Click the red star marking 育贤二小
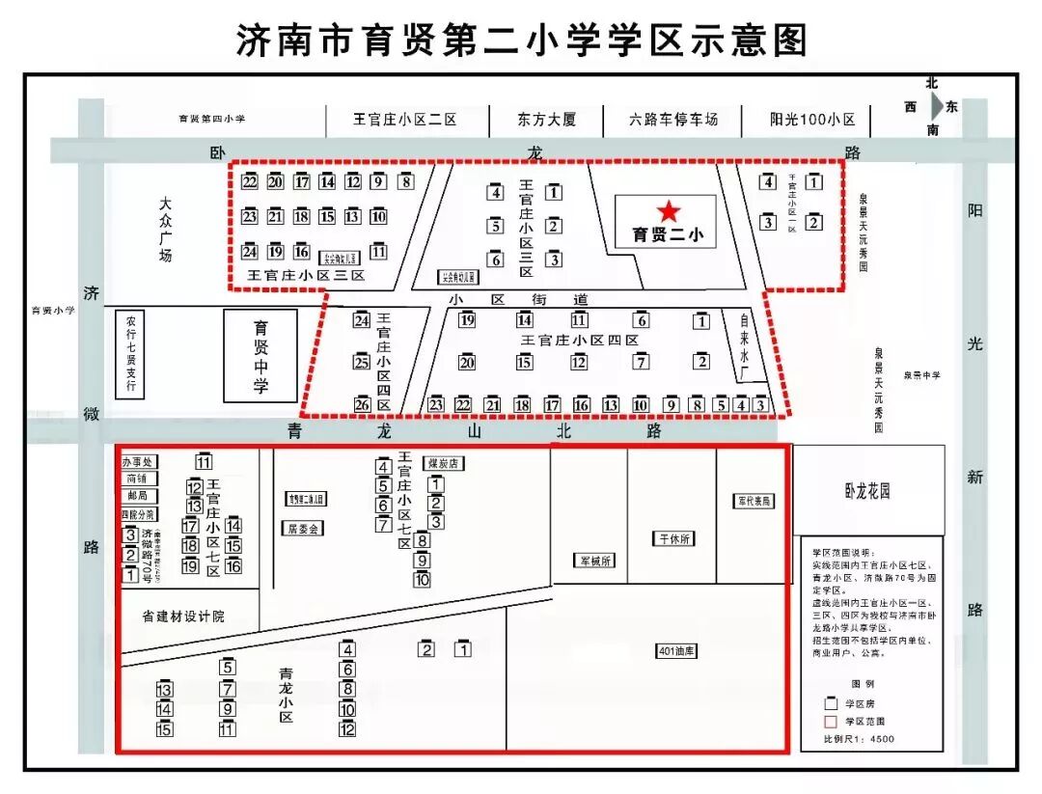pos(669,211)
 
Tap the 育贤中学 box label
pos(260,356)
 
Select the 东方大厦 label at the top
pos(546,120)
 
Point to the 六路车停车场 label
pos(673,120)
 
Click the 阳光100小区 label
pos(812,120)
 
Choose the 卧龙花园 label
pos(865,491)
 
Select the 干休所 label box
pos(675,538)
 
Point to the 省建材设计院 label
pos(182,616)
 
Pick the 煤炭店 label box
pos(444,464)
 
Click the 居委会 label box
pos(303,529)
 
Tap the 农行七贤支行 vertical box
pos(130,355)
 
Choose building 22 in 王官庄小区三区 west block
pos(250,181)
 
